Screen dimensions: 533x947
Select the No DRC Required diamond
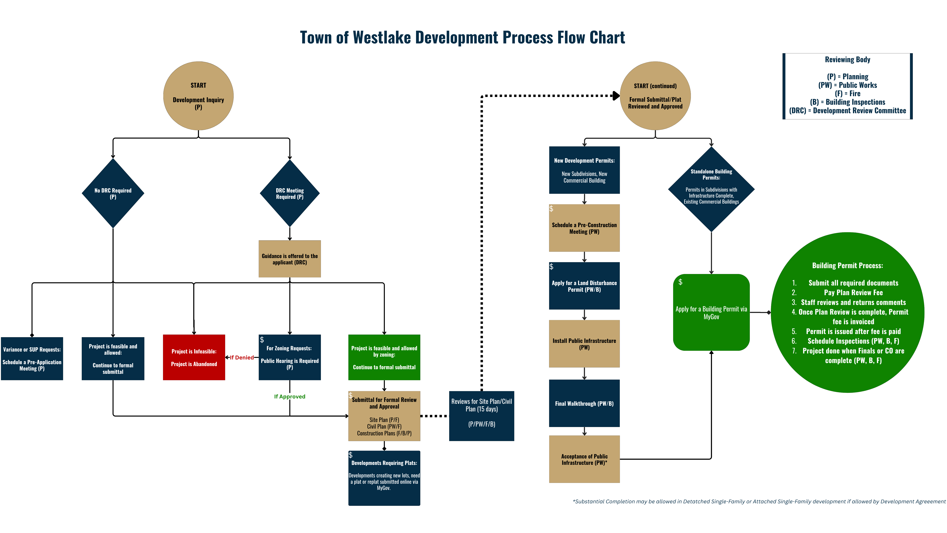point(113,193)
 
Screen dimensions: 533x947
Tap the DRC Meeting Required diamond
point(290,193)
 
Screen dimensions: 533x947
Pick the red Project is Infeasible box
point(194,357)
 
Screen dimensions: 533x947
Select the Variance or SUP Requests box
point(32,359)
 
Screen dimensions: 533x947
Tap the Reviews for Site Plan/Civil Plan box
point(482,416)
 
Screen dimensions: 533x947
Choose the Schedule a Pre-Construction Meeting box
point(584,228)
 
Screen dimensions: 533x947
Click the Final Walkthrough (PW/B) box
point(584,404)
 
